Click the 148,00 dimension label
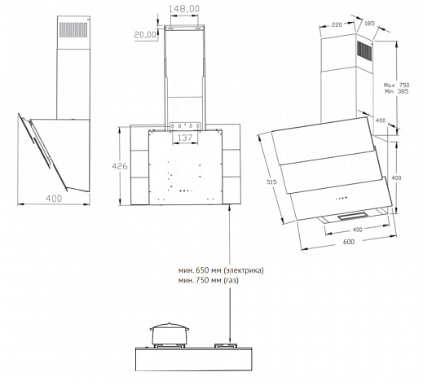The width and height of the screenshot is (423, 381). [184, 9]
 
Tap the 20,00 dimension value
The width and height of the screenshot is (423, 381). [145, 35]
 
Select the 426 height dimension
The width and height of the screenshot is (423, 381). [120, 166]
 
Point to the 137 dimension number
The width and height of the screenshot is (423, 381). [185, 138]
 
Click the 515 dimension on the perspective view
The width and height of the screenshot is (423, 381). [271, 182]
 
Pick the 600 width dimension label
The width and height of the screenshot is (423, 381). [349, 242]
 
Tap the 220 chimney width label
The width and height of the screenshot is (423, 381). [337, 24]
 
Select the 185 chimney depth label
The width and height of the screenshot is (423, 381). [369, 24]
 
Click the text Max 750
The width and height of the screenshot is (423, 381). [397, 85]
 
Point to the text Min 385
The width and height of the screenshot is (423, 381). [397, 91]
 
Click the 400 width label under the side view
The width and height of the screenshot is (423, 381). [54, 199]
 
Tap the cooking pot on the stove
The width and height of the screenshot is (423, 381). [170, 334]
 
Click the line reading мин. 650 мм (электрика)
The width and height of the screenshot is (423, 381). [221, 270]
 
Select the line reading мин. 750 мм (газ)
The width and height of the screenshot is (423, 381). [209, 280]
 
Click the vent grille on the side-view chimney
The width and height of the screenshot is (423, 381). [73, 30]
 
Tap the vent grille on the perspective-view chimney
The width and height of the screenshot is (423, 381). [364, 50]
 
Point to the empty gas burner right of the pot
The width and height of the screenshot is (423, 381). [226, 346]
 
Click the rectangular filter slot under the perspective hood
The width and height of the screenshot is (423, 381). [353, 216]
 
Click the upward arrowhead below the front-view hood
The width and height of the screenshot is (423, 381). [231, 208]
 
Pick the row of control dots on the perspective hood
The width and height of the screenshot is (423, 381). [341, 199]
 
